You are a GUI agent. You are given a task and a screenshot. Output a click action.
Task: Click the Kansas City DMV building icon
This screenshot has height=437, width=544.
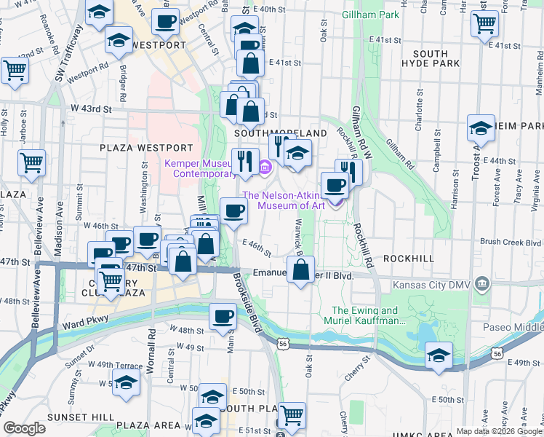pyautogui.click(x=481, y=283)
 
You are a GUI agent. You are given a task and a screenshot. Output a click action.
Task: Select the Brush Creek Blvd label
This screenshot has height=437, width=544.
pyautogui.click(x=511, y=242)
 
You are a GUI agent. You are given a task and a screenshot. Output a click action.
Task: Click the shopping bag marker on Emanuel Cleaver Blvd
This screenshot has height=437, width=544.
pyautogui.click(x=300, y=271)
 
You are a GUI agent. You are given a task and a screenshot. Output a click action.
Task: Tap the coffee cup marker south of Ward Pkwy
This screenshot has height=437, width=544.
pyautogui.click(x=223, y=316)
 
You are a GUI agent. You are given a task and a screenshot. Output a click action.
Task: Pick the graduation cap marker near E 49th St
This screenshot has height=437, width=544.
pyautogui.click(x=439, y=357)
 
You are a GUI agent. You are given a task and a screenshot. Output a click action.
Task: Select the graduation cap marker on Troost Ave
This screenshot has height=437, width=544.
pyautogui.click(x=481, y=129)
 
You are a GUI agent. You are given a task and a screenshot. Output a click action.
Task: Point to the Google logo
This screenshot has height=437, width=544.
pyautogui.click(x=25, y=428)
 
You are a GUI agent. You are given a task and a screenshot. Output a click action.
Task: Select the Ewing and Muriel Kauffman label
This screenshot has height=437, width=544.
pyautogui.click(x=369, y=315)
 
